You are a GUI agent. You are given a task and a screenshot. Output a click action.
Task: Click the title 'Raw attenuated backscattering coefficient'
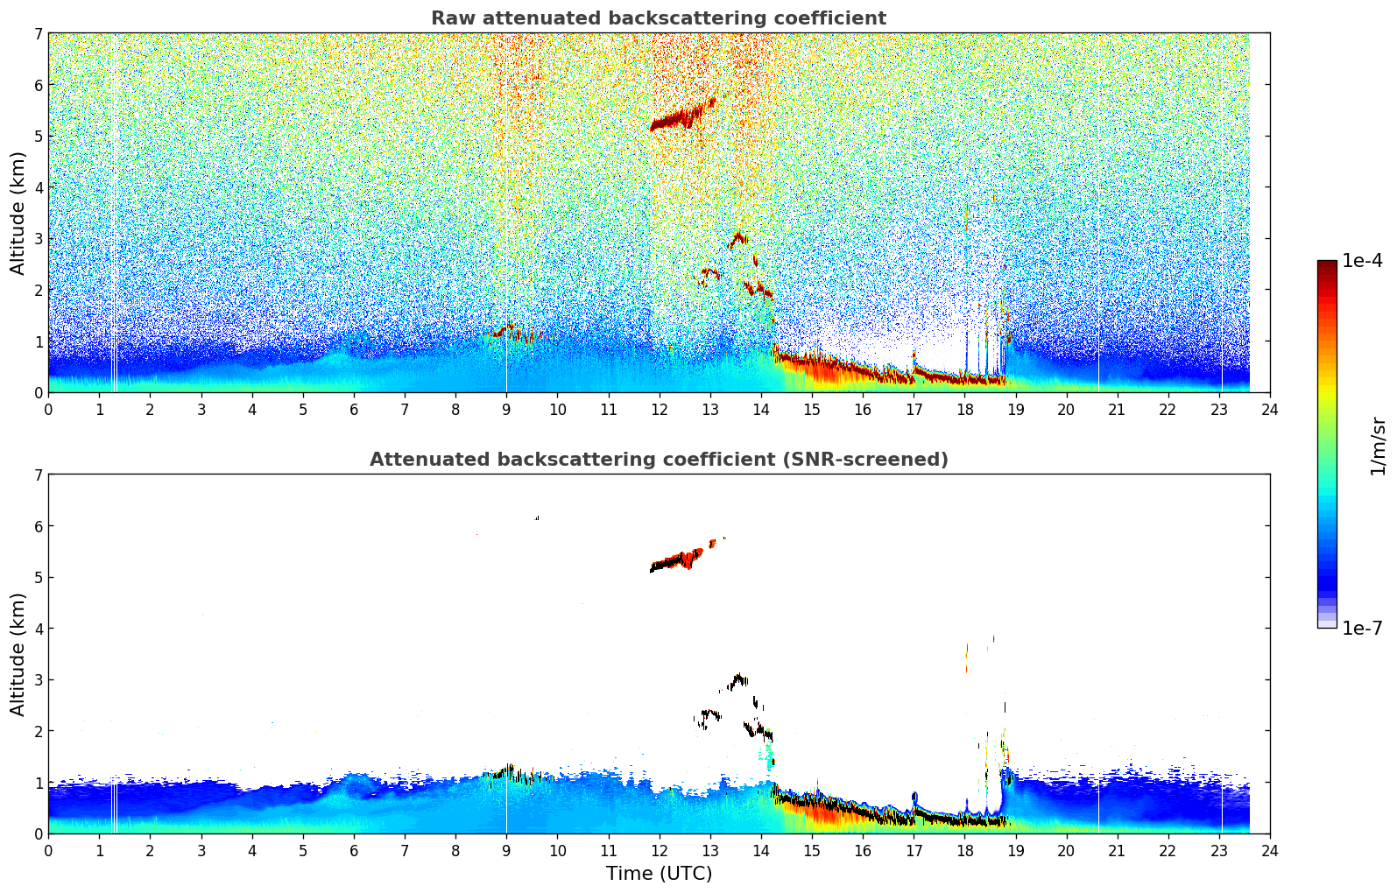pyautogui.click(x=659, y=18)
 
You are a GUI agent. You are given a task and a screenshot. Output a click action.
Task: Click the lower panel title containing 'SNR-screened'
pyautogui.click(x=659, y=460)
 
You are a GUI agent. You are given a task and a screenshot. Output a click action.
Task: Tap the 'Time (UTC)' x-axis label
pyautogui.click(x=659, y=874)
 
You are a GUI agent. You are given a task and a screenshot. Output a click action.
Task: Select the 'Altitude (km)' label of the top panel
pyautogui.click(x=18, y=213)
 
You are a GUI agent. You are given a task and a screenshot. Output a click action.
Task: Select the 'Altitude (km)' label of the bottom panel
pyautogui.click(x=18, y=654)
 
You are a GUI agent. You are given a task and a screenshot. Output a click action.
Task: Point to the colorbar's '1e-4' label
pyautogui.click(x=1362, y=261)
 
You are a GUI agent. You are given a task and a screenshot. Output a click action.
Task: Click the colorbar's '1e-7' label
pyautogui.click(x=1362, y=629)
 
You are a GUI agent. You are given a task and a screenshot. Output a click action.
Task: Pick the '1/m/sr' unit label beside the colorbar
pyautogui.click(x=1378, y=446)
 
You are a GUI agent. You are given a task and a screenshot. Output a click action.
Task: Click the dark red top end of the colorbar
pyautogui.click(x=1327, y=265)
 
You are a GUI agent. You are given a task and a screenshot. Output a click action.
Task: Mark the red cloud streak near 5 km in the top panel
pyautogui.click(x=681, y=117)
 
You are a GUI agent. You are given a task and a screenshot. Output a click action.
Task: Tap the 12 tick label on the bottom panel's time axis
pyautogui.click(x=659, y=851)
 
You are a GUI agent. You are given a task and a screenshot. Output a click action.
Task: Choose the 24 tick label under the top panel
pyautogui.click(x=1270, y=410)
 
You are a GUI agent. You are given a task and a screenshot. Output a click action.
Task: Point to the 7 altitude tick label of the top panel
pyautogui.click(x=38, y=34)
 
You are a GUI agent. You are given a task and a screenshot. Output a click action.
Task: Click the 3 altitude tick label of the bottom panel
pyautogui.click(x=38, y=680)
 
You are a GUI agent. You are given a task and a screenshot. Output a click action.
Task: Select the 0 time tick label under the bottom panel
pyautogui.click(x=48, y=851)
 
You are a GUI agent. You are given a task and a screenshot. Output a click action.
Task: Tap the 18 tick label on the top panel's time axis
pyautogui.click(x=964, y=410)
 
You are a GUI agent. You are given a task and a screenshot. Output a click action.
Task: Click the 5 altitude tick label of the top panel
pyautogui.click(x=38, y=137)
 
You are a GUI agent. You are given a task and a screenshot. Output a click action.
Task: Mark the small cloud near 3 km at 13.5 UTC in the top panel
pyautogui.click(x=738, y=237)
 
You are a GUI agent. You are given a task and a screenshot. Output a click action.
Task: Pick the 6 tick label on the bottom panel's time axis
pyautogui.click(x=354, y=851)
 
